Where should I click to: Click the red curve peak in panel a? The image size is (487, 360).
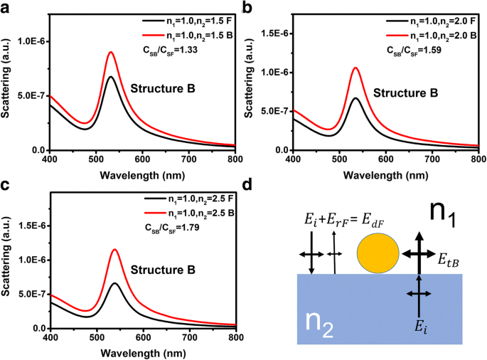(110, 52)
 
